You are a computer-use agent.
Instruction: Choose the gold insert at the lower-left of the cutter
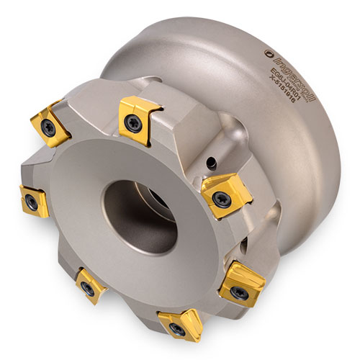pos(90,285)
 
